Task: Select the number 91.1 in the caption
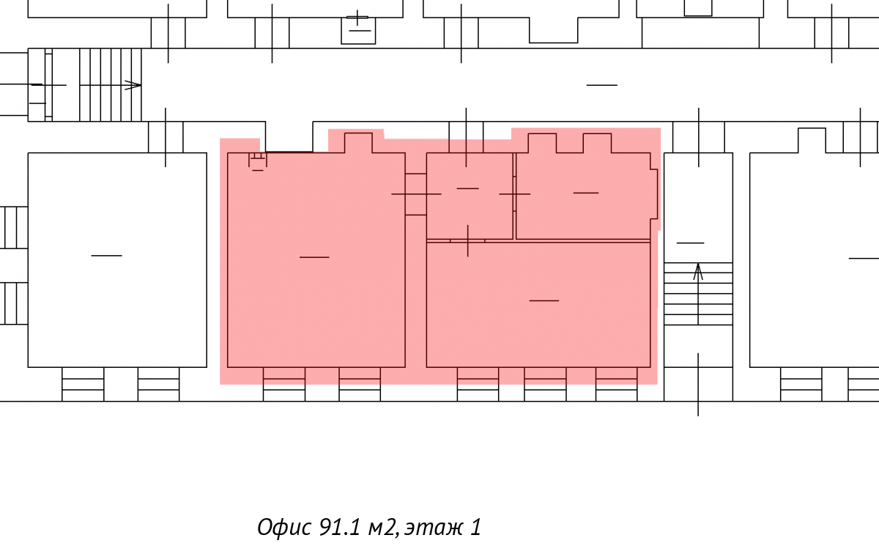(x=339, y=527)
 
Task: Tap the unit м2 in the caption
(x=382, y=528)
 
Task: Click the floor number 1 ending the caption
(x=475, y=527)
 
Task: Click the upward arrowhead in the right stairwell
(x=697, y=271)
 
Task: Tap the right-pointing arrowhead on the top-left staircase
(x=133, y=85)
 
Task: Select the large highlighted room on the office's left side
(x=316, y=260)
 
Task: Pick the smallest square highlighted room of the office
(x=470, y=196)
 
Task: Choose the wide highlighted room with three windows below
(x=538, y=305)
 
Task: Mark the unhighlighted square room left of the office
(x=117, y=260)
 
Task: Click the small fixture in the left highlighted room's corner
(x=257, y=161)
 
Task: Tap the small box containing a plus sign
(x=358, y=30)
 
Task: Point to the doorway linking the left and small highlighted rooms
(x=416, y=194)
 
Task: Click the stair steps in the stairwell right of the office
(x=698, y=294)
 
